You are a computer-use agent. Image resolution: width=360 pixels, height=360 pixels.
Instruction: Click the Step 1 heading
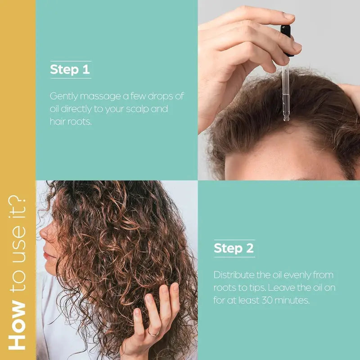pos(70,70)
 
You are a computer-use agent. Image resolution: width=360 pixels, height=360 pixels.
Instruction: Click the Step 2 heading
pos(234,248)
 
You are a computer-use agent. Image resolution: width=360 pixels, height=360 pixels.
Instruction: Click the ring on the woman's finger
pos(153,333)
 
